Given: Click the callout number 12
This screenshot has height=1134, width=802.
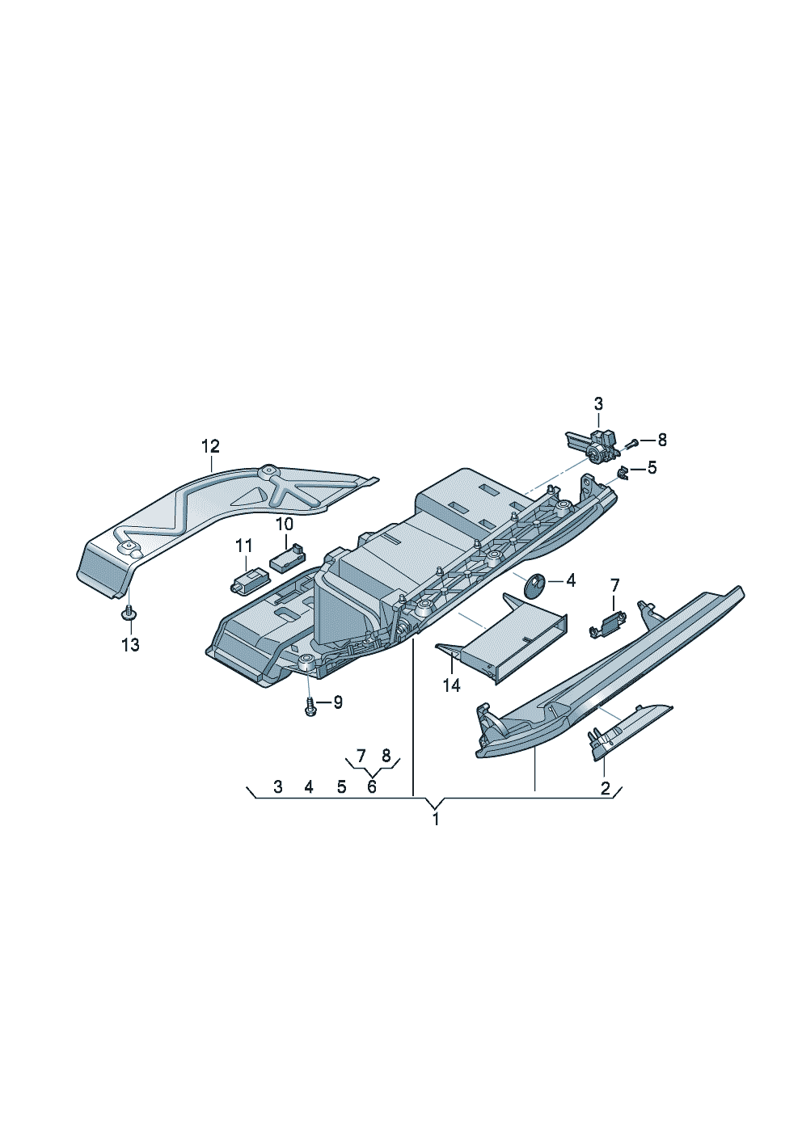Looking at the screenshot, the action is [x=210, y=446].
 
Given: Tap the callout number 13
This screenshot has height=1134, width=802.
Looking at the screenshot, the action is [x=130, y=645].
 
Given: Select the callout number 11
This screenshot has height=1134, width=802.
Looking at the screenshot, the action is [x=244, y=546].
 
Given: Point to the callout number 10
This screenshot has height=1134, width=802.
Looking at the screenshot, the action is [x=284, y=525].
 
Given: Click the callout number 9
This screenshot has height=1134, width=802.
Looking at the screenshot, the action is [x=337, y=702].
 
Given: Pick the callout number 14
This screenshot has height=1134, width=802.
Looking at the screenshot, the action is [x=452, y=685].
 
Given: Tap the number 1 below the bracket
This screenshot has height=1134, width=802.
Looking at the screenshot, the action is [x=436, y=819].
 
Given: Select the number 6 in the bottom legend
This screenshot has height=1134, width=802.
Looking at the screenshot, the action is [x=372, y=786].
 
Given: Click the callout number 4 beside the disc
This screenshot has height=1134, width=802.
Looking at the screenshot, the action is [x=571, y=580].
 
